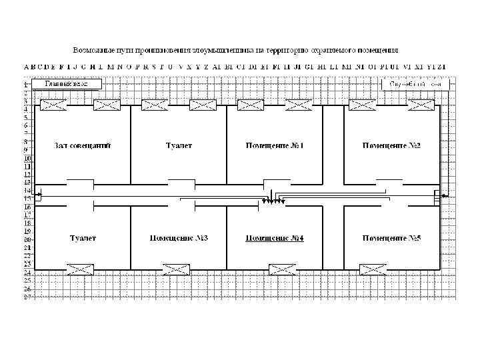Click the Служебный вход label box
[415, 85]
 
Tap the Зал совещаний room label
[82, 145]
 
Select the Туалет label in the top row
[179, 145]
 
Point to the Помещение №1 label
[275, 145]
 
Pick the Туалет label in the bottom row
[83, 238]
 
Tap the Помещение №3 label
[179, 238]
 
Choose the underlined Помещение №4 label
[275, 238]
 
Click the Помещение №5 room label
[391, 238]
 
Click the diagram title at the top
[236, 50]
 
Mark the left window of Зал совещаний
[53, 105]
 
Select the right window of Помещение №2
[422, 105]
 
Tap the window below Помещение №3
[177, 269]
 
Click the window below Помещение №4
[281, 269]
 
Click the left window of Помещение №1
[251, 105]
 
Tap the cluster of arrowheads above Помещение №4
[271, 201]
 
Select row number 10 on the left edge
[27, 158]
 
